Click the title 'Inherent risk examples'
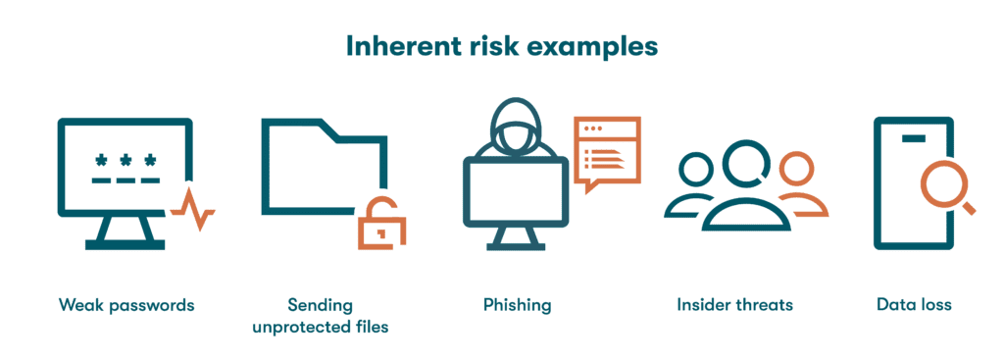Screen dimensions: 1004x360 point(501,46)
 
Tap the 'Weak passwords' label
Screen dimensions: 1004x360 point(125,305)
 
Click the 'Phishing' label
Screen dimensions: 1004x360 point(517,305)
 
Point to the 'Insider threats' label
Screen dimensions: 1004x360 point(734,305)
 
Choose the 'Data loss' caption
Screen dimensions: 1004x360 point(914,305)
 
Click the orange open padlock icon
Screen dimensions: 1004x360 point(381,224)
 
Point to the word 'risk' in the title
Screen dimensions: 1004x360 point(501,46)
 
